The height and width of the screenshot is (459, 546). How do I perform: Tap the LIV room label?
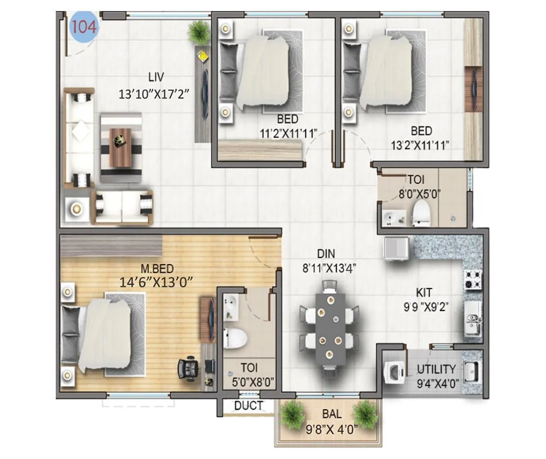coord(156,77)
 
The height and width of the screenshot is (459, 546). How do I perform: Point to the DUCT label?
coord(249,405)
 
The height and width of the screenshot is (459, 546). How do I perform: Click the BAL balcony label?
coord(332,414)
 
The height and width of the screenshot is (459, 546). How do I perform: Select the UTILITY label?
coord(436,370)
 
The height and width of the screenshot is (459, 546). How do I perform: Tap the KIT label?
coord(424,292)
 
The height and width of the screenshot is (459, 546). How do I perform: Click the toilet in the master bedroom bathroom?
coord(234,337)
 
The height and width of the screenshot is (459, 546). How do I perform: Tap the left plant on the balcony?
coord(291,413)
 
